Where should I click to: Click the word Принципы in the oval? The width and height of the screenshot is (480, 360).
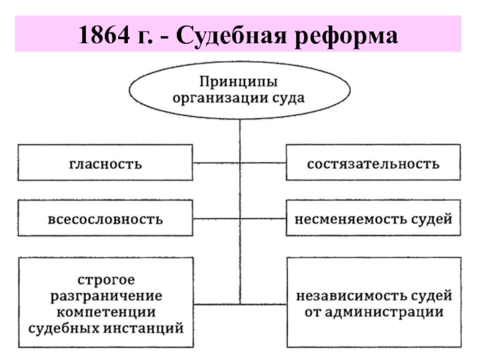[x=239, y=80]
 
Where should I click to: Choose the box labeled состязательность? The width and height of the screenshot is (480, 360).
[x=373, y=163]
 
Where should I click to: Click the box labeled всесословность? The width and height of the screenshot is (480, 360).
[x=105, y=219]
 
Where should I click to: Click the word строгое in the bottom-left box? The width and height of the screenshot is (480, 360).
[x=106, y=281]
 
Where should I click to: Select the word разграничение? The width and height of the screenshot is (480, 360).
[x=106, y=296]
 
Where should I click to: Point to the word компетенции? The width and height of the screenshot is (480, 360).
[x=106, y=312]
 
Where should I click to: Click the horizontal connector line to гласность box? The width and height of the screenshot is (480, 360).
[x=217, y=163]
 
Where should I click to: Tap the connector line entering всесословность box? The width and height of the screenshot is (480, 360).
[x=217, y=218]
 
